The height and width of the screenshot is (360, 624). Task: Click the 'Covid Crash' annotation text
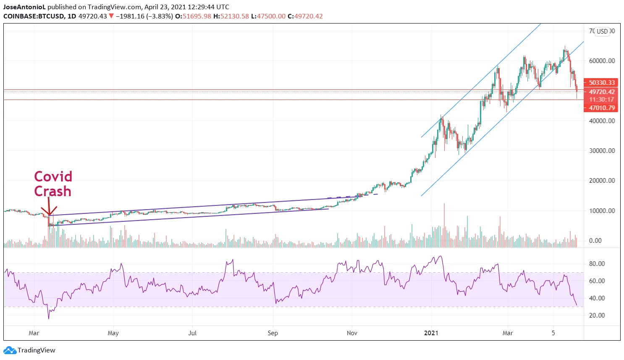point(53,184)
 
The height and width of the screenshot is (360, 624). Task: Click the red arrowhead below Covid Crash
point(49,212)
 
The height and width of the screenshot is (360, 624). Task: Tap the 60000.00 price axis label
point(602,60)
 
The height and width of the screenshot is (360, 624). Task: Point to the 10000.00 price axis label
point(602,210)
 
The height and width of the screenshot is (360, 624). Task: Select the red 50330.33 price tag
point(601,83)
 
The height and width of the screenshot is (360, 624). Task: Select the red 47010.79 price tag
point(601,108)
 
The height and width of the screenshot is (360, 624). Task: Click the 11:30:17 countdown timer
point(601,100)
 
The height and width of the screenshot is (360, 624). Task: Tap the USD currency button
point(602,31)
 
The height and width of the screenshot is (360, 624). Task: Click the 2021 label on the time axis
point(431,333)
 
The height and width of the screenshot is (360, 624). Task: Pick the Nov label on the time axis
point(352,333)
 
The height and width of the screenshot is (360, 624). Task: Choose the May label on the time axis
point(113,333)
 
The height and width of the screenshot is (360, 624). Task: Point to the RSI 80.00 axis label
point(597,263)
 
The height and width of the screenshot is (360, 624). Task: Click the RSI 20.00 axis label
point(597,315)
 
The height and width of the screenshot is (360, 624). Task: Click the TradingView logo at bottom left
point(29,350)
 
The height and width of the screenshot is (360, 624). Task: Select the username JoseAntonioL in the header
point(24,7)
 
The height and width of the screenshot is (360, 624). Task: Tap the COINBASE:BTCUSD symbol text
point(34,16)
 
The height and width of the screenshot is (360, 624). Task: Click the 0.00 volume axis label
point(595,240)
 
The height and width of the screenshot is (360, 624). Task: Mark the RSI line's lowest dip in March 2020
point(49,318)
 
